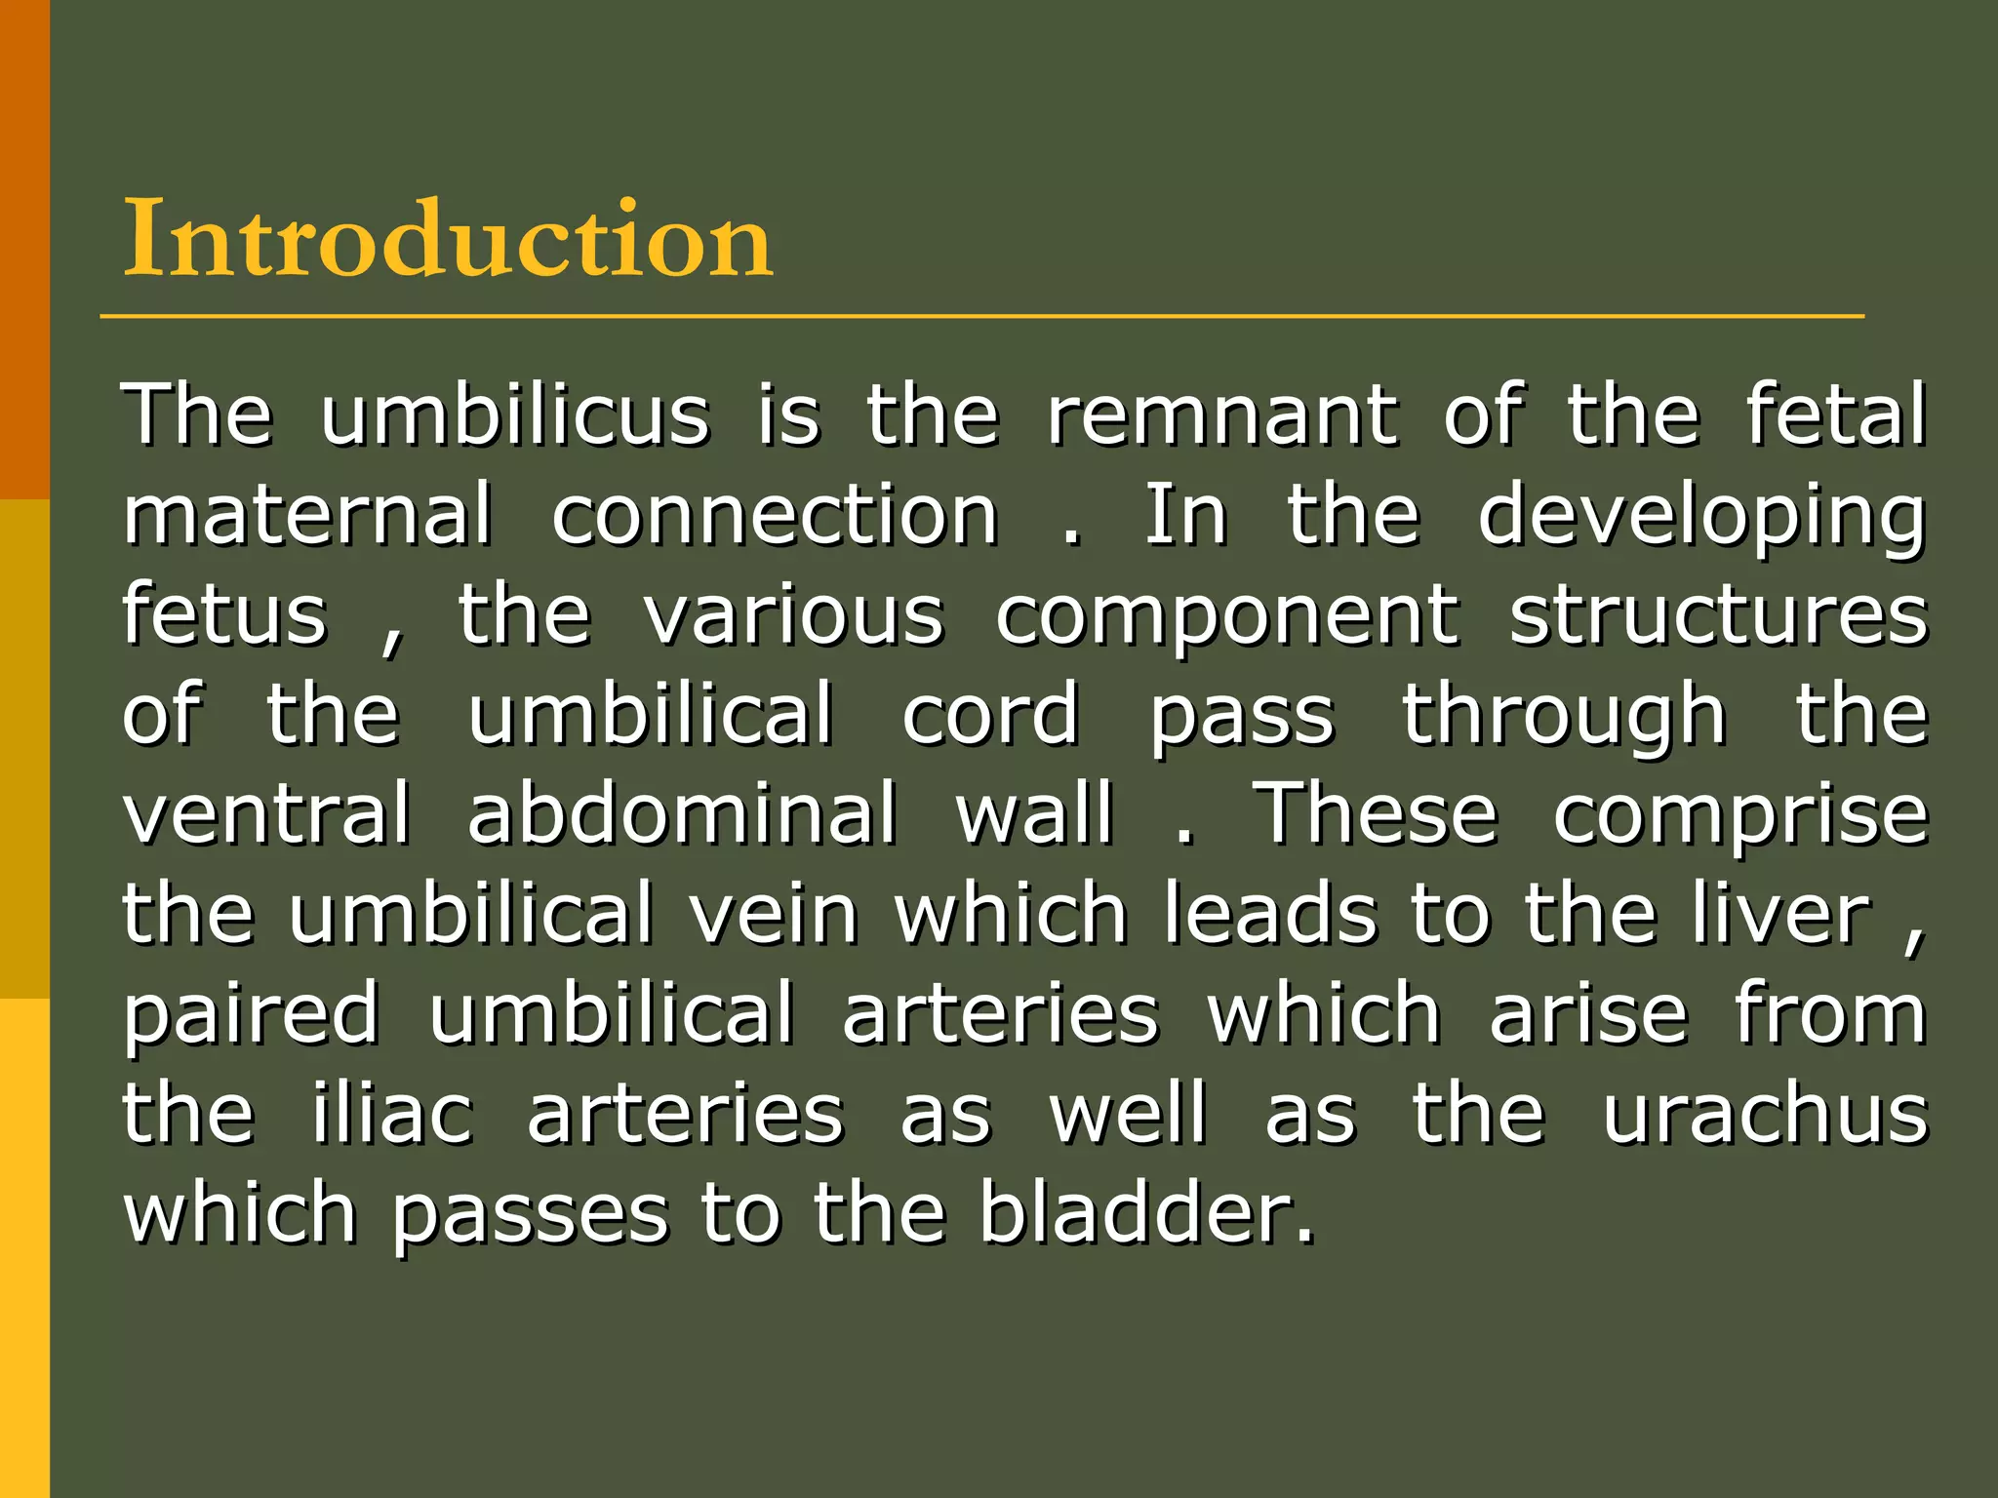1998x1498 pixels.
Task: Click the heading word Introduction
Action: tap(448, 239)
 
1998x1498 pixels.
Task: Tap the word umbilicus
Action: tap(515, 415)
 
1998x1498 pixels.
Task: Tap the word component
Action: tap(1227, 618)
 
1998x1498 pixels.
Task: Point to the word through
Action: tap(1564, 717)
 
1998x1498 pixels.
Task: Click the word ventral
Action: tap(266, 813)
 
